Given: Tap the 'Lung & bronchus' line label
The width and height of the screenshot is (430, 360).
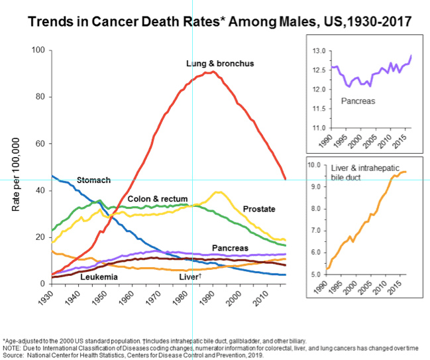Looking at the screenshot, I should pyautogui.click(x=221, y=64).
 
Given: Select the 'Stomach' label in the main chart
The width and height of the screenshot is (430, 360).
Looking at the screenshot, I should pyautogui.click(x=93, y=180).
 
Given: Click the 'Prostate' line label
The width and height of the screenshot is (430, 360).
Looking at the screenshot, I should pyautogui.click(x=258, y=210).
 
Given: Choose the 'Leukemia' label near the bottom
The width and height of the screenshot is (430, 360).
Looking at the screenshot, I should pyautogui.click(x=99, y=276).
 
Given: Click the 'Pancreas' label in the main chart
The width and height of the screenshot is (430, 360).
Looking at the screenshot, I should pyautogui.click(x=230, y=248).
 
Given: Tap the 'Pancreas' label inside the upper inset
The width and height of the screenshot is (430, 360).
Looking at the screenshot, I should pyautogui.click(x=357, y=101).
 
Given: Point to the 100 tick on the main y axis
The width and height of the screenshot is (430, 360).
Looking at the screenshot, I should pyautogui.click(x=37, y=50).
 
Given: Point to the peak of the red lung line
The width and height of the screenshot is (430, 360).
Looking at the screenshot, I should pyautogui.click(x=211, y=72).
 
